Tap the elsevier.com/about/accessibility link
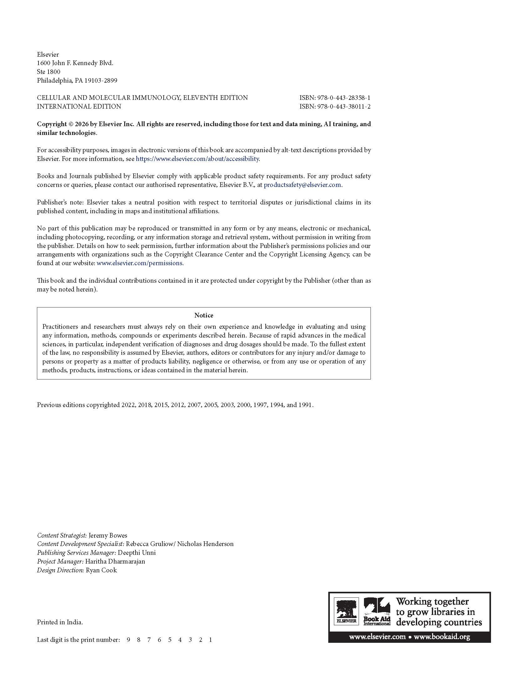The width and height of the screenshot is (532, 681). [197, 159]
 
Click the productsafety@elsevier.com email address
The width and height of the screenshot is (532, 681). [302, 185]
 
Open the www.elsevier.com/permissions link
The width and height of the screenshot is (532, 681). [139, 263]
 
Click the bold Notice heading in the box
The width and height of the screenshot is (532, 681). [204, 315]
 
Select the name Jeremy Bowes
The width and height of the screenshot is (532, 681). [108, 535]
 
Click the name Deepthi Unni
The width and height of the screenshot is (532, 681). [137, 553]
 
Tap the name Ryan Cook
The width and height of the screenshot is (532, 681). [101, 570]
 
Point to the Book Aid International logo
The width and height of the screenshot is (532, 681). [377, 611]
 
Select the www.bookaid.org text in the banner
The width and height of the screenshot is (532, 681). [442, 637]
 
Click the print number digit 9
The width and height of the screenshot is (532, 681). [128, 640]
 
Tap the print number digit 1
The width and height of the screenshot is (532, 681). [211, 640]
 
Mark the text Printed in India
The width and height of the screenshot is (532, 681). [60, 622]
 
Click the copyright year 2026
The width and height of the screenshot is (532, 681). [82, 124]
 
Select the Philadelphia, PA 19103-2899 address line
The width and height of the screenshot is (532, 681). [77, 80]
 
